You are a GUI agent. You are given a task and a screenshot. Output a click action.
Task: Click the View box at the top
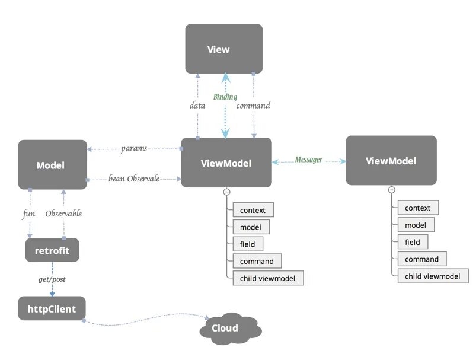tap(223, 49)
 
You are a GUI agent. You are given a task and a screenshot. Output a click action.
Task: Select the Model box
tap(52, 165)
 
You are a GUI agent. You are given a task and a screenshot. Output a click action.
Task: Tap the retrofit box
tap(52, 250)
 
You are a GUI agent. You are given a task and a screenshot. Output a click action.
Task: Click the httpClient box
tap(52, 308)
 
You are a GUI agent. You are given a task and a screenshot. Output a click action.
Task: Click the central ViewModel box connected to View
tap(226, 163)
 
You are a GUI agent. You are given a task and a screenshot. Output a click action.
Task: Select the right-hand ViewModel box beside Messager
tap(391, 161)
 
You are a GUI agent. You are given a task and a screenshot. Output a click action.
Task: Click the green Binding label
tap(225, 97)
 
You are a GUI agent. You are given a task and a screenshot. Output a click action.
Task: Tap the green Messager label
tap(309, 160)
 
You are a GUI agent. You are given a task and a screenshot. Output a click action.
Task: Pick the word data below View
tap(197, 106)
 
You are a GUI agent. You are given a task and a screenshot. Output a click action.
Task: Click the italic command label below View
tap(253, 106)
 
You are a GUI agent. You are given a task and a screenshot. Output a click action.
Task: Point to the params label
tap(133, 148)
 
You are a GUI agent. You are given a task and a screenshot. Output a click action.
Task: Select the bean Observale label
tap(134, 178)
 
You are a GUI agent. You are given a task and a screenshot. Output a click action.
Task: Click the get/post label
tap(52, 278)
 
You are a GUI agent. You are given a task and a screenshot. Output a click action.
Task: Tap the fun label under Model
tap(29, 214)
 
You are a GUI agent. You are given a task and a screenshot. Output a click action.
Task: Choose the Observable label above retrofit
tap(63, 214)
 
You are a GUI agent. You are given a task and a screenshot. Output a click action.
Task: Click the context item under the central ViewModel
tap(253, 210)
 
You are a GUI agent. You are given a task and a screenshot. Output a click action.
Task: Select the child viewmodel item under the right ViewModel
tap(432, 276)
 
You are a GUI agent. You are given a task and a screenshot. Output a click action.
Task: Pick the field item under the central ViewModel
tap(247, 244)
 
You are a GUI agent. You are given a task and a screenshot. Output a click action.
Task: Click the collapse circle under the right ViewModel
tap(391, 190)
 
